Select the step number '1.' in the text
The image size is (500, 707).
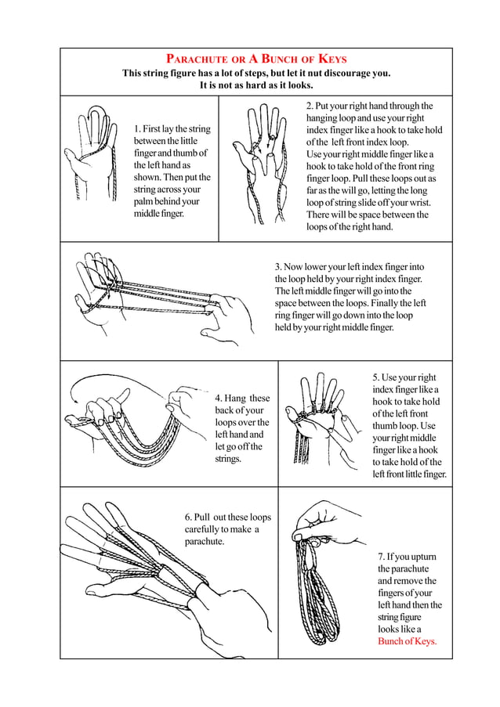point(139,128)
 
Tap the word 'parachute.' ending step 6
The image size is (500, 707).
point(205,542)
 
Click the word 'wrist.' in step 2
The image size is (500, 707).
point(414,203)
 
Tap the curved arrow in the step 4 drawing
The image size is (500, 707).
point(110,381)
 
